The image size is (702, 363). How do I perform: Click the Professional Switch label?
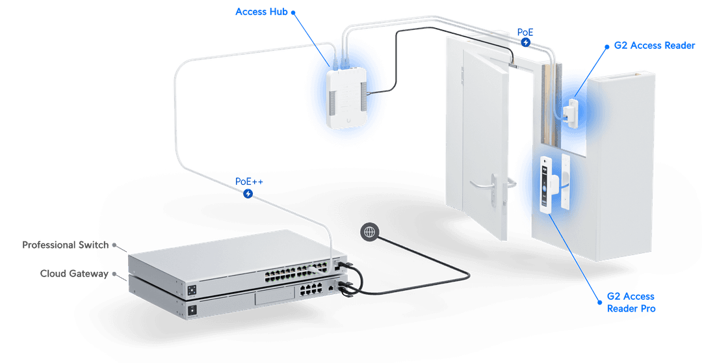pos(65,245)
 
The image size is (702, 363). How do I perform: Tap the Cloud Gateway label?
pos(74,273)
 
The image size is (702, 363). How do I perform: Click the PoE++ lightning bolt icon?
pos(248,194)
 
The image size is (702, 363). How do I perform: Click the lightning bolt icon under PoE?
pos(525,42)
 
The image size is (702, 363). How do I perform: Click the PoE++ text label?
pos(250,181)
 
